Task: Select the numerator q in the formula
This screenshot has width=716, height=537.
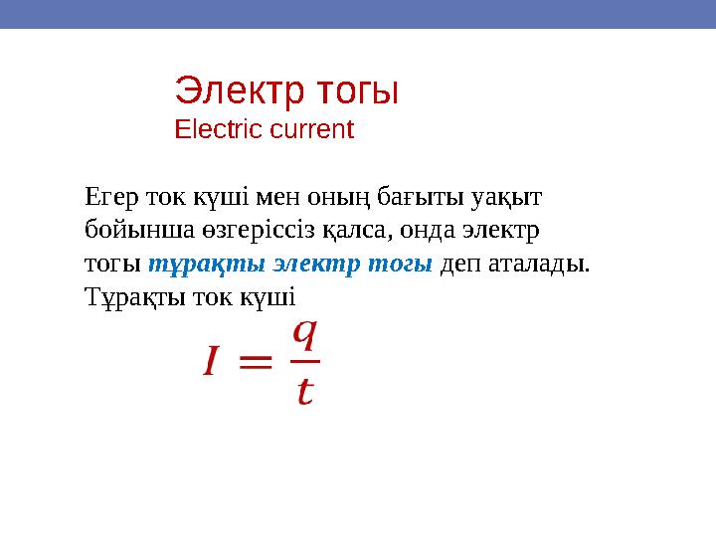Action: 303,333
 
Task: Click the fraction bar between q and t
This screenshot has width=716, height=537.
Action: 303,362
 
